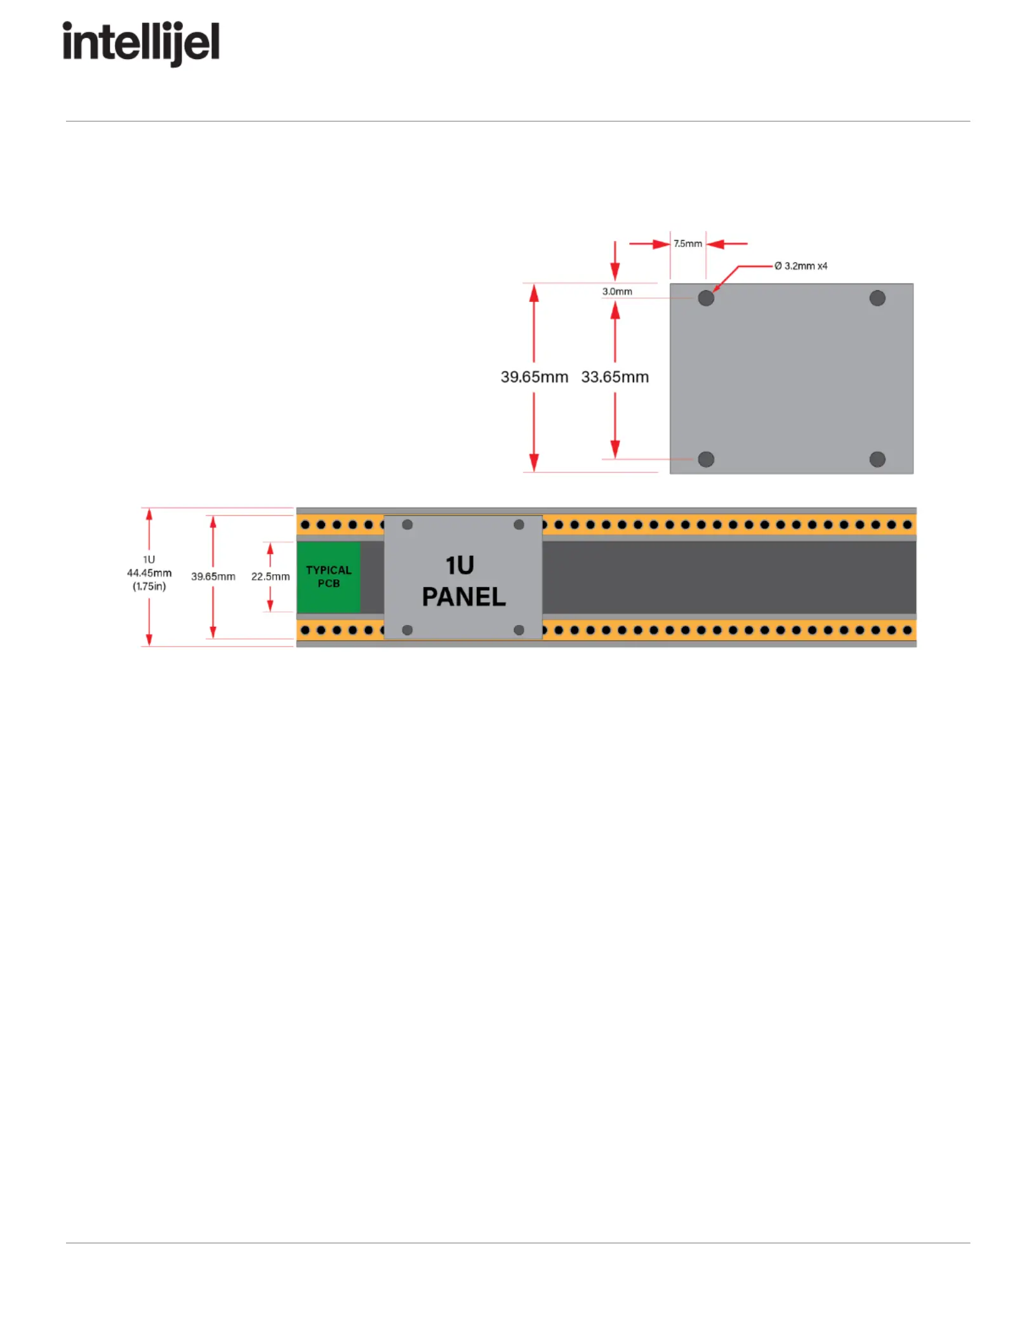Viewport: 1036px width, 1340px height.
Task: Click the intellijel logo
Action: click(x=141, y=44)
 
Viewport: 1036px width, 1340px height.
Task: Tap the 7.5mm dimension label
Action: click(x=687, y=244)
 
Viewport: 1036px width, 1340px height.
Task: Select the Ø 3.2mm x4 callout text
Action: click(x=801, y=266)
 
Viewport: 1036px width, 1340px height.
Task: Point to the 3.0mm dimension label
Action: click(x=617, y=291)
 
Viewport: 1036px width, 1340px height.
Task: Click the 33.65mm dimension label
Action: click(x=614, y=377)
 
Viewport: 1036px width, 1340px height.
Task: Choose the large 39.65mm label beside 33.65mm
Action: click(x=534, y=377)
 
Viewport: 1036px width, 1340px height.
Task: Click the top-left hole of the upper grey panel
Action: click(x=706, y=298)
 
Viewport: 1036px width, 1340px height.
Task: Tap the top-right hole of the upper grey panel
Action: click(x=877, y=298)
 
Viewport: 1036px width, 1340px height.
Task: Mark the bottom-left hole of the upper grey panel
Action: click(x=706, y=459)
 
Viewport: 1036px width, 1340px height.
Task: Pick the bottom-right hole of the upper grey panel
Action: click(x=877, y=459)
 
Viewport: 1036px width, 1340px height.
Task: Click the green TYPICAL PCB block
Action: click(x=328, y=577)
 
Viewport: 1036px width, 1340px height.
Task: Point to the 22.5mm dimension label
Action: click(x=270, y=577)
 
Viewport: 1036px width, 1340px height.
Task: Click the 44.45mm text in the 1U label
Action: click(x=149, y=573)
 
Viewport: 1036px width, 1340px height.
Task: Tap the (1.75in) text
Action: click(x=149, y=586)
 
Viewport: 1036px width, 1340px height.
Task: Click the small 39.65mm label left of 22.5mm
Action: click(x=213, y=577)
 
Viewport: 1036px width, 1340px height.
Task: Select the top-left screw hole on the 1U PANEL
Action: click(x=408, y=525)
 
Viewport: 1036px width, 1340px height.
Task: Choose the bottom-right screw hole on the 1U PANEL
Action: click(x=519, y=630)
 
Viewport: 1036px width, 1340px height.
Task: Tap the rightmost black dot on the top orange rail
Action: click(x=908, y=525)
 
